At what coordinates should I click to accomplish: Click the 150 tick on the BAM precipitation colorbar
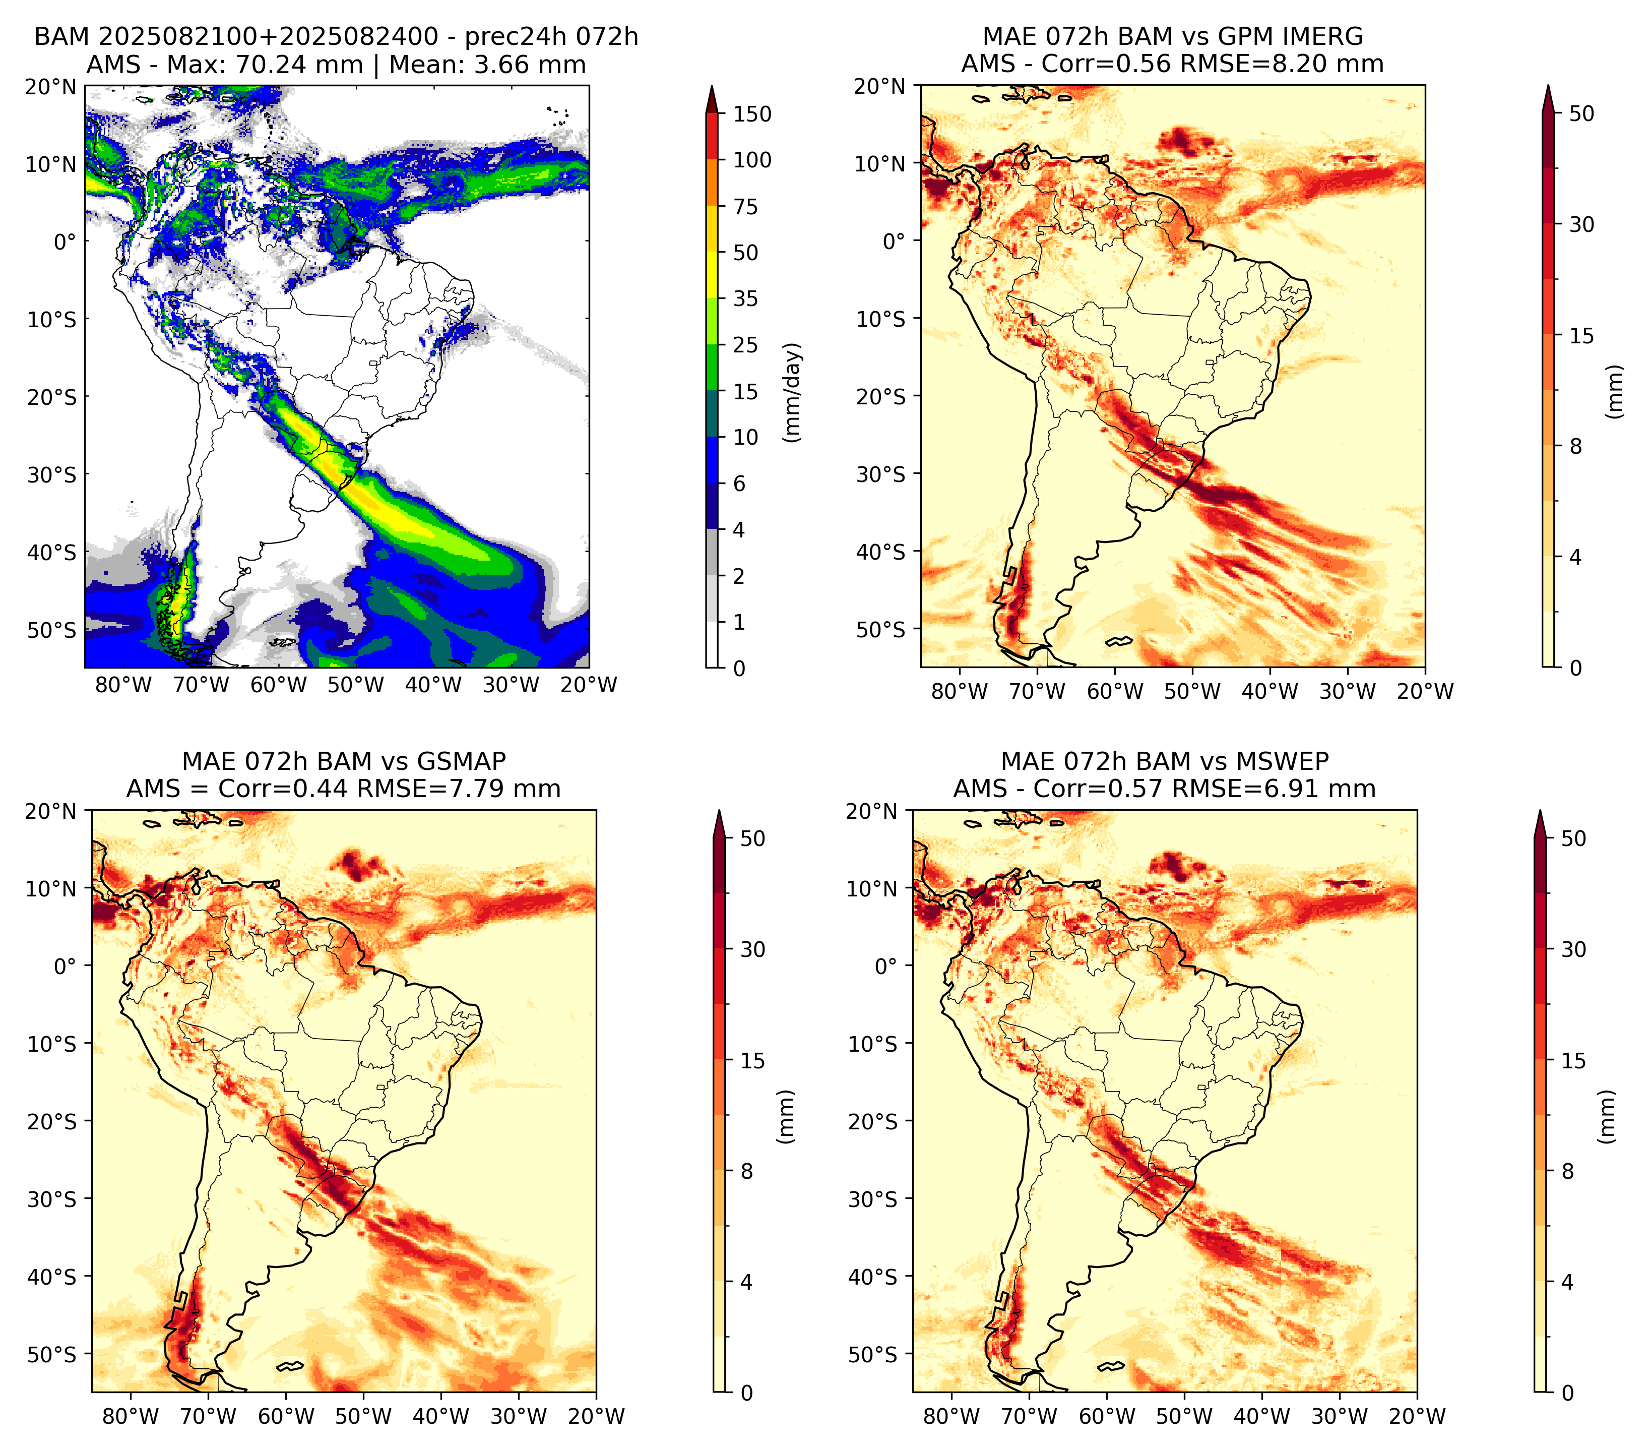[751, 114]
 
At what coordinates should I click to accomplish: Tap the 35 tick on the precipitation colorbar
[745, 298]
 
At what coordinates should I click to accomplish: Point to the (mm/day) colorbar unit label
[794, 392]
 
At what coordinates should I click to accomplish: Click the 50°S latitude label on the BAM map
[52, 630]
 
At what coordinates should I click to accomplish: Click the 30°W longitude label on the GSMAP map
[518, 1416]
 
